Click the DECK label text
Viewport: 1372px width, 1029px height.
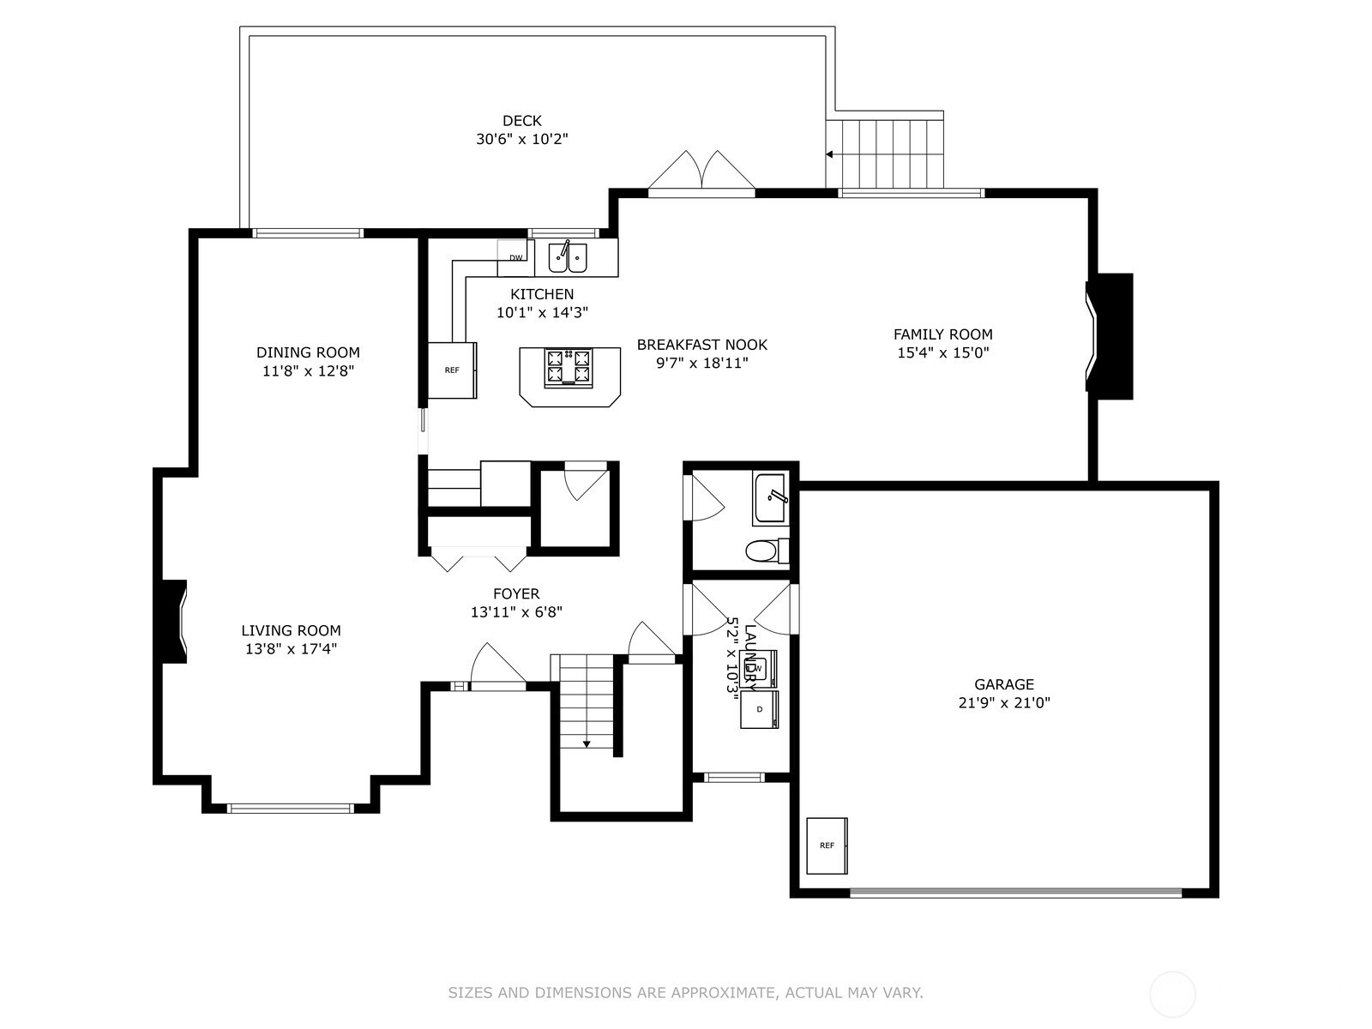[521, 121]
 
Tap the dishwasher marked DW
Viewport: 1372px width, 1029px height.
[515, 257]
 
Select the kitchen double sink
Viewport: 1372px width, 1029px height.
[568, 257]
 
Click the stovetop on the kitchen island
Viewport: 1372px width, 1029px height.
[569, 367]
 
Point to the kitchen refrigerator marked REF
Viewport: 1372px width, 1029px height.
[452, 370]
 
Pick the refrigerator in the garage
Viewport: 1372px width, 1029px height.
[827, 845]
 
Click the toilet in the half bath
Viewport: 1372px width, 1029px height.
[767, 551]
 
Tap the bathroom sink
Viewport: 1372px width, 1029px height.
[770, 498]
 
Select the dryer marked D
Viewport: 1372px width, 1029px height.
[760, 708]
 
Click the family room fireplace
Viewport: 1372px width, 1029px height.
[1110, 336]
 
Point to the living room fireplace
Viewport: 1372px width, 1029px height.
[171, 621]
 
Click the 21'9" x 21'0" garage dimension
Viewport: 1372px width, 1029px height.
[1004, 702]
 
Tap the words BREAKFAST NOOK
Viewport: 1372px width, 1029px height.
[702, 344]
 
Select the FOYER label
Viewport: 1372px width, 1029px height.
[515, 593]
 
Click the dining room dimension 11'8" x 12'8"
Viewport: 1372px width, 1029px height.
[308, 370]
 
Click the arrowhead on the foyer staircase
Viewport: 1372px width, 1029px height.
[587, 743]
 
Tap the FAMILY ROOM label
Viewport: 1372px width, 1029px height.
[942, 334]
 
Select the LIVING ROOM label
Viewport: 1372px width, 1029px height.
[292, 630]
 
